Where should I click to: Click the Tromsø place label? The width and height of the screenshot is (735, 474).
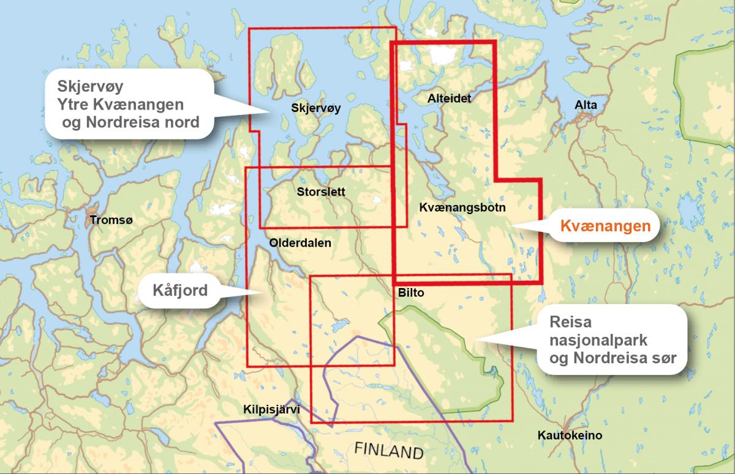pos(110,220)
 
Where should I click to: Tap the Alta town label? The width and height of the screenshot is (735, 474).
pos(585,106)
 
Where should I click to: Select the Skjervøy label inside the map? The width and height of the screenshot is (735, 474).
pos(316,109)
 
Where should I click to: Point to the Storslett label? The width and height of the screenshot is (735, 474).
pos(320,191)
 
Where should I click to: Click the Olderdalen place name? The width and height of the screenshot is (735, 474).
pos(300,243)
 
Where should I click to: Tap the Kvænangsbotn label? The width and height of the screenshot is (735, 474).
pos(462,208)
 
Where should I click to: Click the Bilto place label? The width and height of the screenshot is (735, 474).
pos(411,294)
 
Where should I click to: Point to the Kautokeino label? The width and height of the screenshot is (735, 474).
pos(570,436)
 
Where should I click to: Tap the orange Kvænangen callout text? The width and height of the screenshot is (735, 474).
pos(605,226)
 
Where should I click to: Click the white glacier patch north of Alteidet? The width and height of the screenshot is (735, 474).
pos(442,57)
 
